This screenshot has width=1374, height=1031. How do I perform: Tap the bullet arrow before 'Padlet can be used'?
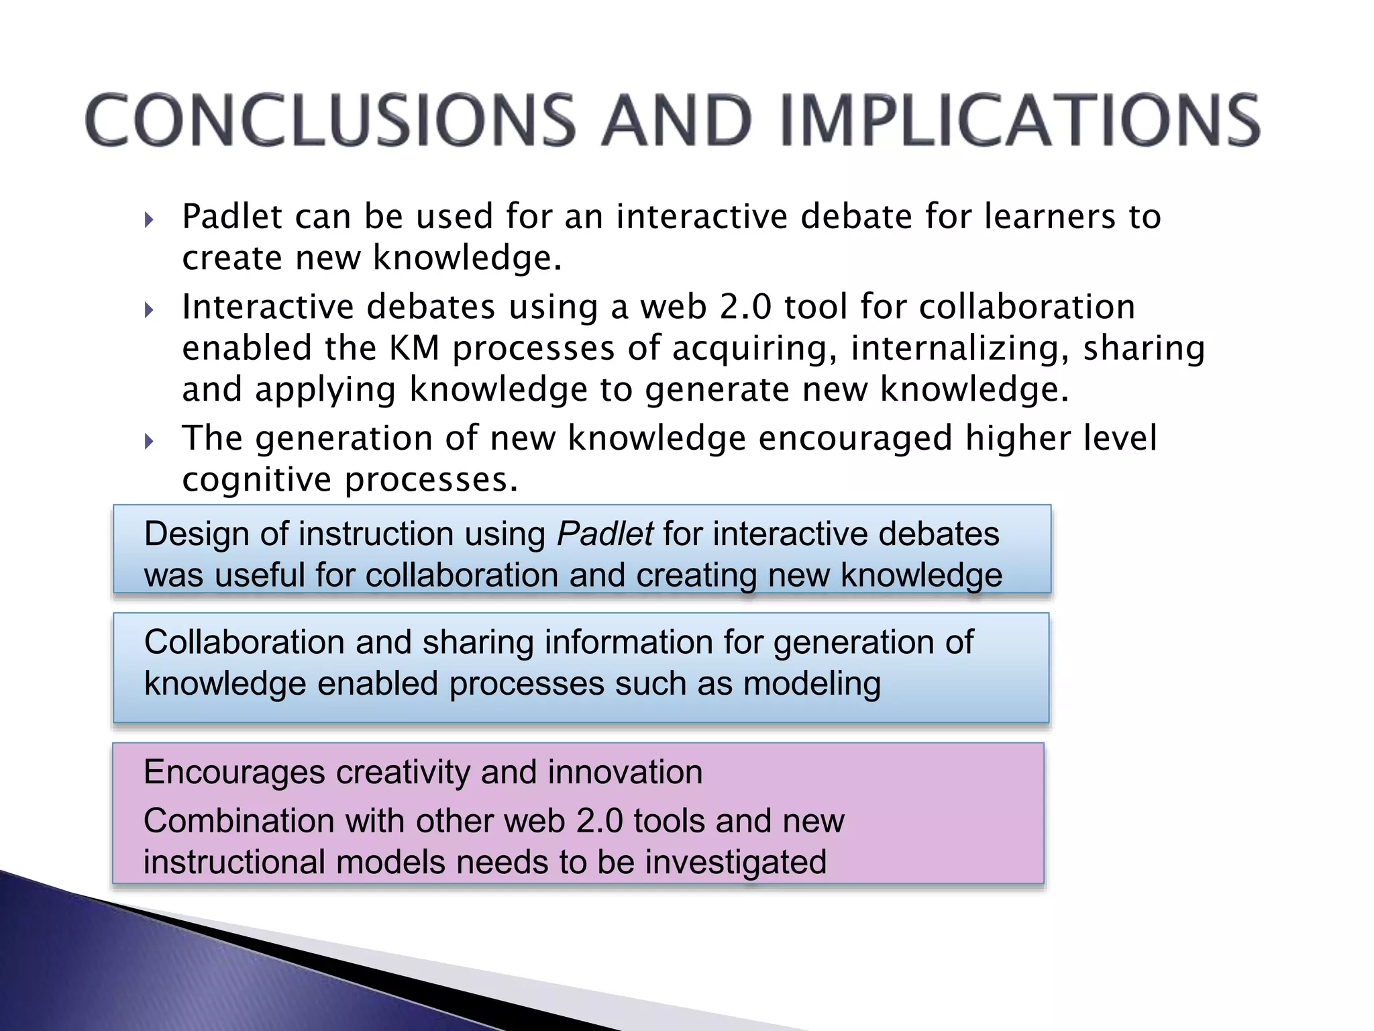click(x=149, y=219)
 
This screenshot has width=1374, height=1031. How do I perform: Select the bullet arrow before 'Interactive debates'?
click(x=149, y=310)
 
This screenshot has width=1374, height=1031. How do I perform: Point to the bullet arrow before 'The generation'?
click(x=149, y=442)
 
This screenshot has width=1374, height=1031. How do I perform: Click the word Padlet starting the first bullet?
click(x=231, y=217)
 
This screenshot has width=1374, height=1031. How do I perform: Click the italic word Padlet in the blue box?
click(x=604, y=534)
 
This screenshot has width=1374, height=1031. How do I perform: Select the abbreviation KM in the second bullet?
click(x=414, y=349)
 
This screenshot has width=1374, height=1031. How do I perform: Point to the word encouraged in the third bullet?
click(x=855, y=439)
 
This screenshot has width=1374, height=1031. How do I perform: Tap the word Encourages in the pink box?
click(x=234, y=773)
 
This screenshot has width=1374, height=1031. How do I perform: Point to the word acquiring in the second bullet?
click(x=754, y=349)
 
